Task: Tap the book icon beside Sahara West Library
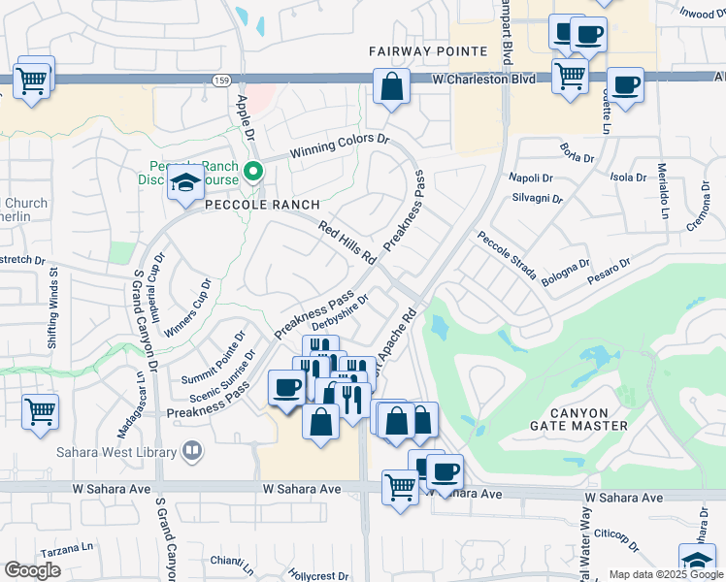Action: pos(192,452)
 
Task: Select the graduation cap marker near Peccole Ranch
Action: pos(182,183)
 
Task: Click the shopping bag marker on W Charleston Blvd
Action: pos(390,86)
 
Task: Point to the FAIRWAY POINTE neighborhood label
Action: pos(427,50)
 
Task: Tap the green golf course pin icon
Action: pos(254,173)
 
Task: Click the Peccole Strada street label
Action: pos(506,255)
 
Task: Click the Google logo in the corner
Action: pos(32,569)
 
